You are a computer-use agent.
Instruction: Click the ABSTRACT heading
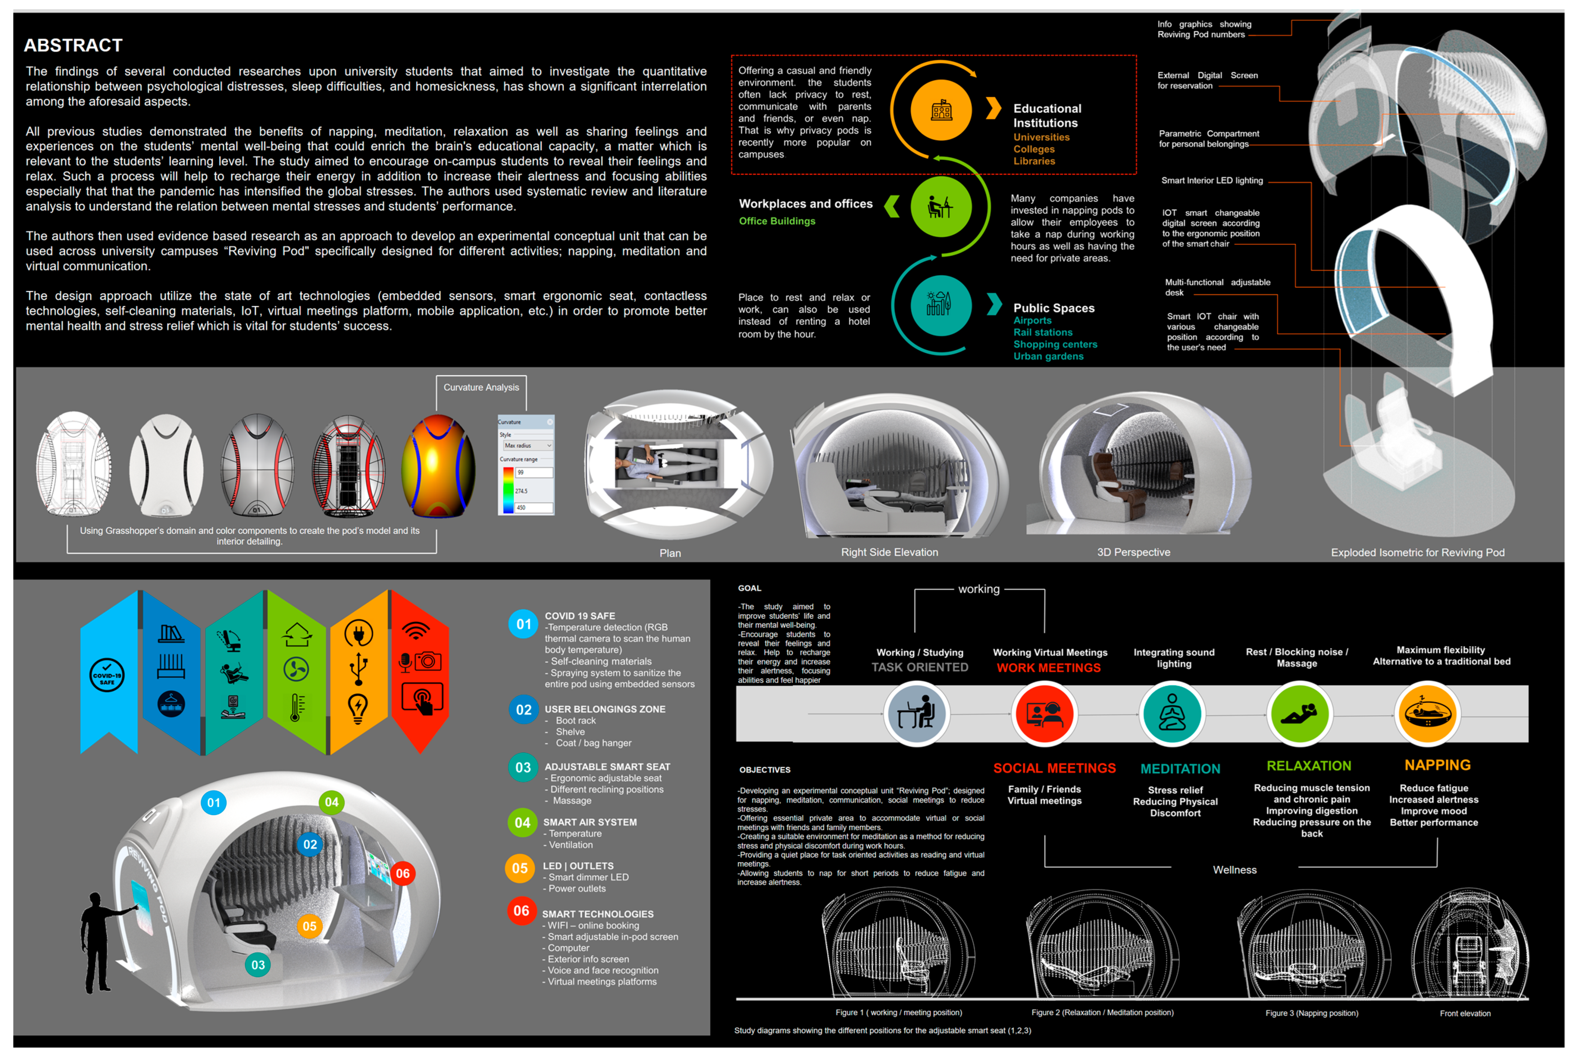73,45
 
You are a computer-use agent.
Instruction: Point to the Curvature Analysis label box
481,388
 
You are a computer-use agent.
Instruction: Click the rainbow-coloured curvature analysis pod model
438,466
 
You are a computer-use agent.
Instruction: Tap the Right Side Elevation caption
889,552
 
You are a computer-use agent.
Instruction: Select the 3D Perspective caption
1133,552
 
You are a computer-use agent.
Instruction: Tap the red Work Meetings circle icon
1044,714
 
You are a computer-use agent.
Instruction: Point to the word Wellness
1234,870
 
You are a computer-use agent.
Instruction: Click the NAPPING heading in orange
1437,765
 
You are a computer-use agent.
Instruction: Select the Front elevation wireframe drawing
1470,945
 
